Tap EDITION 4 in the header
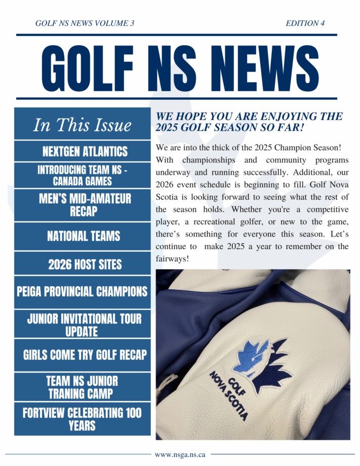(x=305, y=23)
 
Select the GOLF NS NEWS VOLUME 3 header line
(x=85, y=23)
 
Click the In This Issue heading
(x=82, y=125)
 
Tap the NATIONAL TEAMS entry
(x=84, y=236)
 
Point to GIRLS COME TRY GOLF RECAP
(x=85, y=355)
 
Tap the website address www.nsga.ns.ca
(x=180, y=454)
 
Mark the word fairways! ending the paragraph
(x=173, y=258)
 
